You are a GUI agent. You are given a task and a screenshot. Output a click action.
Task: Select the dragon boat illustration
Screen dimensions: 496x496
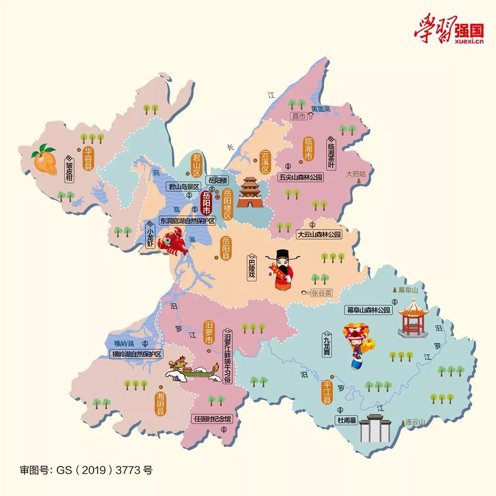pyautogui.click(x=193, y=369)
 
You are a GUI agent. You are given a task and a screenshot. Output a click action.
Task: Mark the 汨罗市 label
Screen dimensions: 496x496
pyautogui.click(x=209, y=333)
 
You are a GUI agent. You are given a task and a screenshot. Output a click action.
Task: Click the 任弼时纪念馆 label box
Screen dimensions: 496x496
pyautogui.click(x=213, y=419)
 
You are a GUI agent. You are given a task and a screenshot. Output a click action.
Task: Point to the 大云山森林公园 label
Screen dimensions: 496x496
pyautogui.click(x=319, y=235)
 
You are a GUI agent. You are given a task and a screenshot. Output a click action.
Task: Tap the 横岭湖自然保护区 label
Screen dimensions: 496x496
pyautogui.click(x=137, y=354)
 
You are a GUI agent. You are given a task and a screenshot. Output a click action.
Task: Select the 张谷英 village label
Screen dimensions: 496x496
pyautogui.click(x=321, y=293)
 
